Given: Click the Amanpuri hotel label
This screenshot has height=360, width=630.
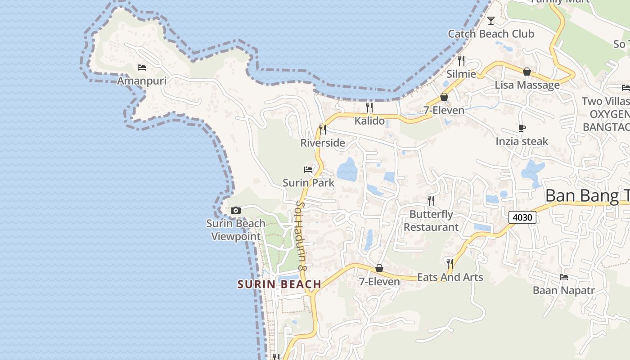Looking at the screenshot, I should pos(142,81).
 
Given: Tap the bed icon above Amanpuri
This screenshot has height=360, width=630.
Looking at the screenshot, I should pos(142,68).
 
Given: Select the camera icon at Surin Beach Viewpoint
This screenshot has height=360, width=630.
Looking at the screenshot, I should pos(235,210).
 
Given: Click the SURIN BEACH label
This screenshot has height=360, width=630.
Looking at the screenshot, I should pos(279,284).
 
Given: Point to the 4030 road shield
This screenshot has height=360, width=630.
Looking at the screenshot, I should pos(522,218).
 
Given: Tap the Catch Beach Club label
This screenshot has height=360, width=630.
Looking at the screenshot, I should pos(491,34).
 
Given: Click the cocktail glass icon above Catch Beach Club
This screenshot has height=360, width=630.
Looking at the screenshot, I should pos(491,21).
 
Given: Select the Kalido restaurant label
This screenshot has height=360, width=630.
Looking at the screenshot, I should pos(369,121).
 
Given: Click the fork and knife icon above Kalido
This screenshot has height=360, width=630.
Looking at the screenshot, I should pos(369,108).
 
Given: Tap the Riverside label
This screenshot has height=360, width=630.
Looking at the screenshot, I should pos(323,143).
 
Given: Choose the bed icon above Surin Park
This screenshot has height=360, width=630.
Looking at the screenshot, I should pos(308,170).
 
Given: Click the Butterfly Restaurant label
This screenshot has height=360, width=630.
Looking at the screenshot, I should pos(431,220).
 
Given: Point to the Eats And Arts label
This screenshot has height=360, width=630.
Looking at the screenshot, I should pos(450,277).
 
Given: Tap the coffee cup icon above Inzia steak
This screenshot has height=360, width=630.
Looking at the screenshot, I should pos(522,128).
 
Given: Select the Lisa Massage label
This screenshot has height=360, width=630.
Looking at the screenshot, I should pos(527,85).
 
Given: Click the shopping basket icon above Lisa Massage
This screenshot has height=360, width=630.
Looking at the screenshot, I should pos(527,72).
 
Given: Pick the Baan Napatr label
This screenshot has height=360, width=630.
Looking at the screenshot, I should pos(563,290).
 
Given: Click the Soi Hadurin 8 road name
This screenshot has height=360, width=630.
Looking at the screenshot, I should pos(301,235).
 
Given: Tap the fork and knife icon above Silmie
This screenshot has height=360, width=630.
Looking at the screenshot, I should pos(461,60).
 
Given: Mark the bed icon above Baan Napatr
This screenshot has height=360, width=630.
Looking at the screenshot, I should pos(563,277).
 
